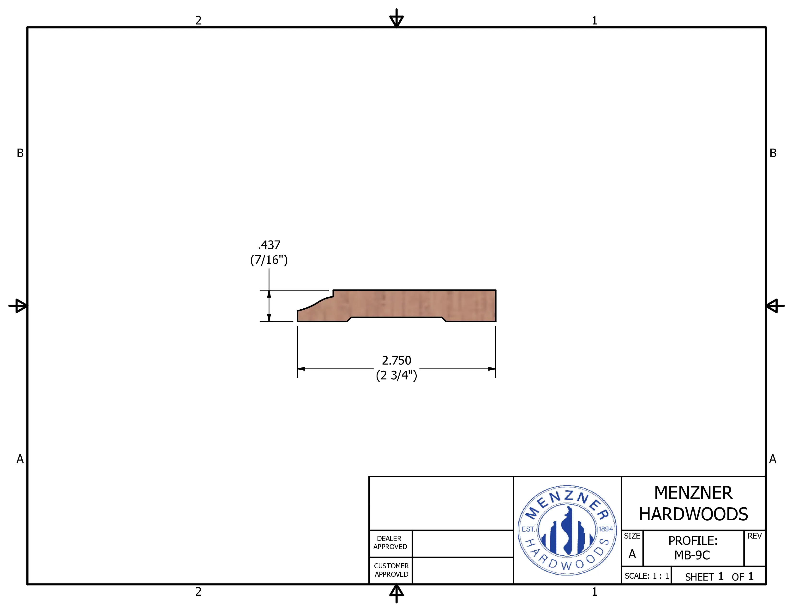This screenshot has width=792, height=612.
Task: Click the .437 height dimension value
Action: pos(269,245)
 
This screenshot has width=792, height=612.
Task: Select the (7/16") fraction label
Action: pos(269,260)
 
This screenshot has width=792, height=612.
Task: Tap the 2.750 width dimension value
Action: pos(396,360)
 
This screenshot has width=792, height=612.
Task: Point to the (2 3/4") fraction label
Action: pos(396,375)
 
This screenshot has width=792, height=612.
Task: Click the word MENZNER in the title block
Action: pos(693,493)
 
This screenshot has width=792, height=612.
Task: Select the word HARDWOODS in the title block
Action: pos(693,514)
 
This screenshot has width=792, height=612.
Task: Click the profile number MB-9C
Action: pos(692,555)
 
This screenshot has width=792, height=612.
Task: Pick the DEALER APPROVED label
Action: pos(390,543)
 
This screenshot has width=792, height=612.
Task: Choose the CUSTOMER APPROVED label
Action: pos(391,570)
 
